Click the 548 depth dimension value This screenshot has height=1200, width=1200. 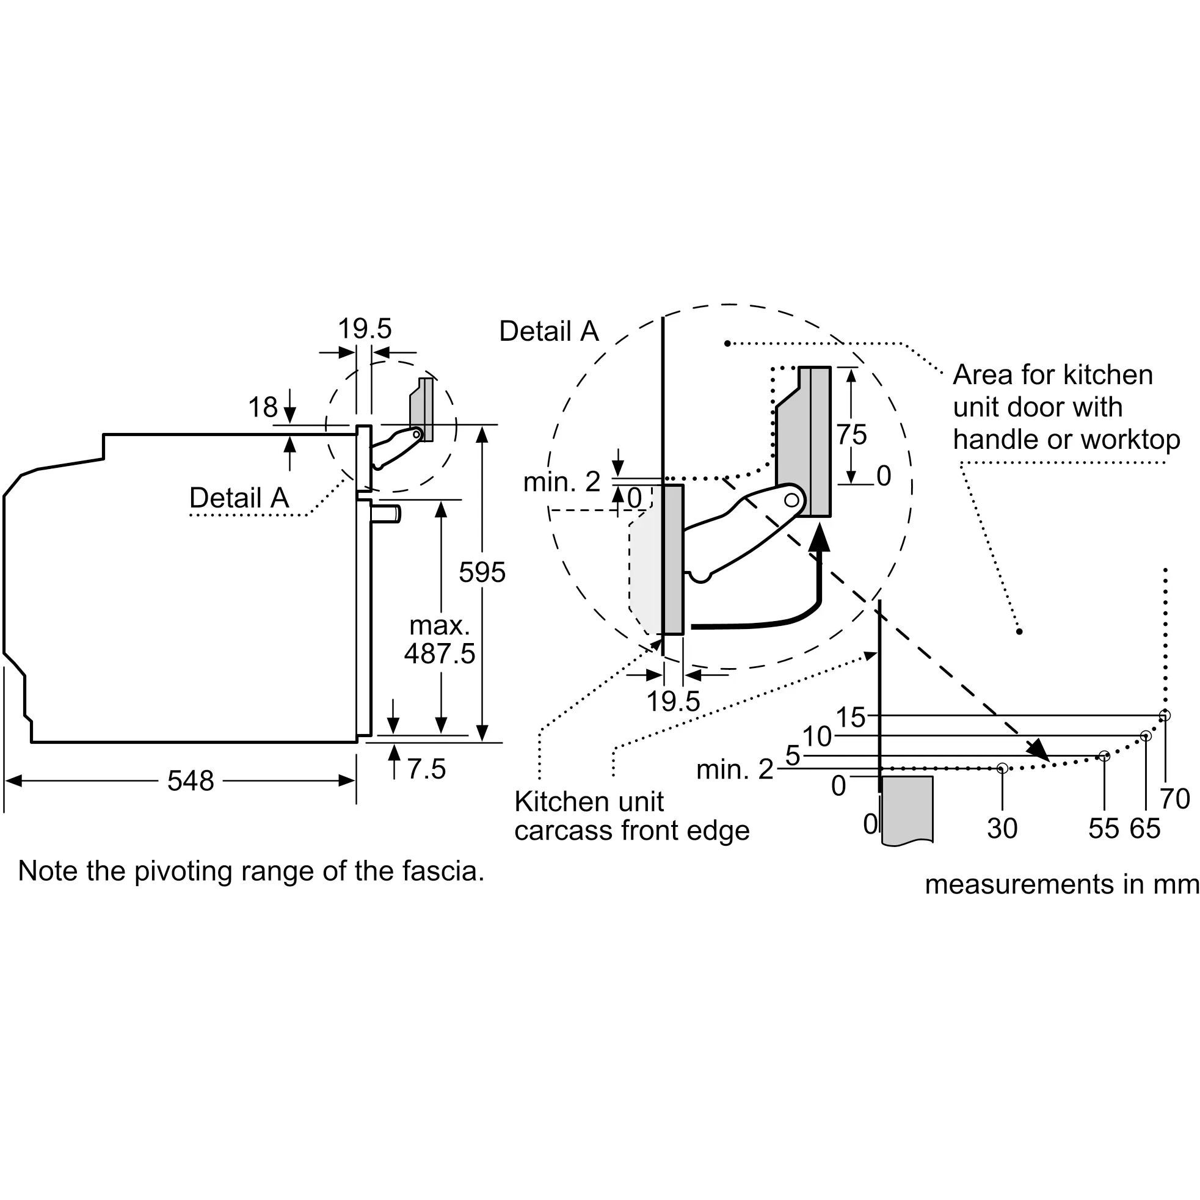coord(191,780)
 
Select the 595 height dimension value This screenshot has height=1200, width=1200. coord(482,572)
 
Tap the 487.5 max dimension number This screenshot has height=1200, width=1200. coord(440,653)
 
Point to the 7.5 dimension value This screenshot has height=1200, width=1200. coord(426,769)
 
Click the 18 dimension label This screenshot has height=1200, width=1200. coord(263,407)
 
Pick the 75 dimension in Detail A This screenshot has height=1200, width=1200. coord(851,435)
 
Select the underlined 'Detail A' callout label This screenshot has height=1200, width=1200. coord(239,498)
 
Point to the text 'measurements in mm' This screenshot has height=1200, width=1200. coord(1061,884)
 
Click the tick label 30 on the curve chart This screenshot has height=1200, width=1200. coord(1003,829)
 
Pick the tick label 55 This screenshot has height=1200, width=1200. coord(1104,829)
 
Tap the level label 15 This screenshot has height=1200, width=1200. coord(850,718)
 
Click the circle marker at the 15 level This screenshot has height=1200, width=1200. coord(1165,716)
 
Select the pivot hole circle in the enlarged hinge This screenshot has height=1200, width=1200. coord(791,500)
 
